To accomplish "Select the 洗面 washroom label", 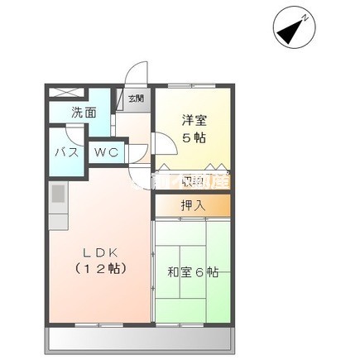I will point(83,113).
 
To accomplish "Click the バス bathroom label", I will point(67,152).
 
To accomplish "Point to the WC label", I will point(108,151).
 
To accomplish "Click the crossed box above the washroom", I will point(66,93).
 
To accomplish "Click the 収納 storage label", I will point(193,180).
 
